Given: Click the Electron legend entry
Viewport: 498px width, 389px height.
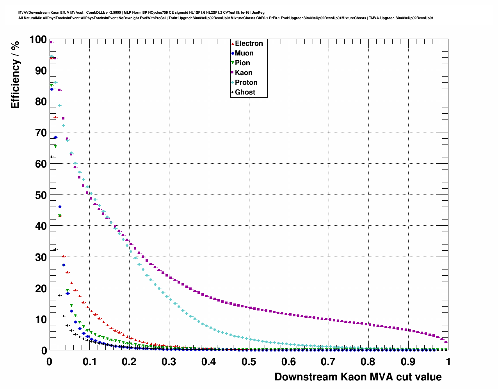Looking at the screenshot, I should click(x=249, y=43).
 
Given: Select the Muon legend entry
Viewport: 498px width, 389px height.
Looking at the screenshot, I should click(x=244, y=53).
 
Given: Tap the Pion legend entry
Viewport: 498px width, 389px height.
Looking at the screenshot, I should click(x=242, y=63).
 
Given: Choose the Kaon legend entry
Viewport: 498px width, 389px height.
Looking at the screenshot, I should click(x=244, y=73).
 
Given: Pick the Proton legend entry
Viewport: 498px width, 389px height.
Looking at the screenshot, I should click(x=246, y=82).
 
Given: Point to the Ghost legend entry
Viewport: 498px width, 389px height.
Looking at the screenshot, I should click(x=245, y=92).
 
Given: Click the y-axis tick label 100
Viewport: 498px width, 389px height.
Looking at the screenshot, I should click(x=38, y=39).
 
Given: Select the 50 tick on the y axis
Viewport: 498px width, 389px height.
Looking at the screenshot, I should click(x=41, y=195).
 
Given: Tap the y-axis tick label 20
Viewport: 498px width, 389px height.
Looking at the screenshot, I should click(x=41, y=288).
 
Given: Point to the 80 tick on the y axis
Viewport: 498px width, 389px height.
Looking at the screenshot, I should click(x=41, y=102).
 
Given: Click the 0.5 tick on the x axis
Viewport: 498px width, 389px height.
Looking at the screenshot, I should click(x=249, y=362).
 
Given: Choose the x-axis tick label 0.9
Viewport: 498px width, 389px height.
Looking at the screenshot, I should click(x=408, y=362).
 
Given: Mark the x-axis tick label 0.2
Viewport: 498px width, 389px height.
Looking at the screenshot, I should click(x=129, y=362).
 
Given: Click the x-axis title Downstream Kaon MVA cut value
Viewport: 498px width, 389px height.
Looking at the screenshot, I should click(x=358, y=377).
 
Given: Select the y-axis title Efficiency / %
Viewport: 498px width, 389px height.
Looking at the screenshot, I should click(x=15, y=75).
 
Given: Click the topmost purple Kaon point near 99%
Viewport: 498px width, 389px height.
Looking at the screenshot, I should click(x=51, y=42).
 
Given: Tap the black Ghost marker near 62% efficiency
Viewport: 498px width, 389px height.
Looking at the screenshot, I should click(x=51, y=157).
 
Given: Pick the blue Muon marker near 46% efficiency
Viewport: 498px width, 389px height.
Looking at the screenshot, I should click(x=60, y=207).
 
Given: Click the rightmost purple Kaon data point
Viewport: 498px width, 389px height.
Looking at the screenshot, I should click(x=446, y=342).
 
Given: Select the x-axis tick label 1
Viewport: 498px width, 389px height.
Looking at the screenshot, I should click(x=448, y=362).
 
